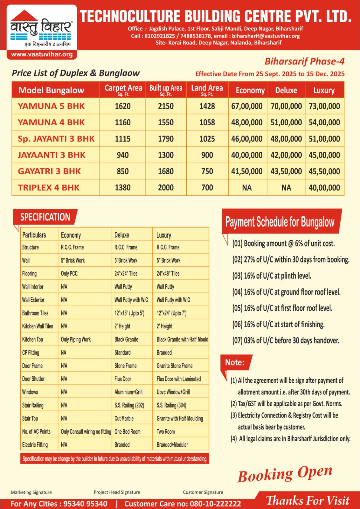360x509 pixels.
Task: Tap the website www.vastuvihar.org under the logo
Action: [x=42, y=54]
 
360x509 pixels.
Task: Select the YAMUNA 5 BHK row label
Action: [x=51, y=106]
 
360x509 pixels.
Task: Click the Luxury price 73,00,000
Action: [x=324, y=106]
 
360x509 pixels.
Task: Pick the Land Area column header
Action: [x=207, y=89]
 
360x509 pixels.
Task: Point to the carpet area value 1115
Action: [x=123, y=139]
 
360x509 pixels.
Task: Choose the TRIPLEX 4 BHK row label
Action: [x=49, y=188]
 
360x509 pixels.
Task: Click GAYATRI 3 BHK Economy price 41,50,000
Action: [x=247, y=171]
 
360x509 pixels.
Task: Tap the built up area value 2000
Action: [x=166, y=188]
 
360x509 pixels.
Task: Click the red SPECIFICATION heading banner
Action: [x=45, y=217]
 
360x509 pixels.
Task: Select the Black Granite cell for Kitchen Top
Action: [x=126, y=339]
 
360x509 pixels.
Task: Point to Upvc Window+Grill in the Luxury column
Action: [x=173, y=392]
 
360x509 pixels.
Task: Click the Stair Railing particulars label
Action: [x=33, y=405]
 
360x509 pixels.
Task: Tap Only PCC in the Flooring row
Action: [x=69, y=274]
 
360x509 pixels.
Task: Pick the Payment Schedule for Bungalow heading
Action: [x=280, y=222]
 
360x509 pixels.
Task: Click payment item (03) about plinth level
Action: [x=272, y=276]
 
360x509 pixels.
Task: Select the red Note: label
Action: [x=235, y=362]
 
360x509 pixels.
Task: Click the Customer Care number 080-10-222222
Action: [x=215, y=504]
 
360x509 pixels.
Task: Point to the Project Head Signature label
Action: [x=117, y=492]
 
